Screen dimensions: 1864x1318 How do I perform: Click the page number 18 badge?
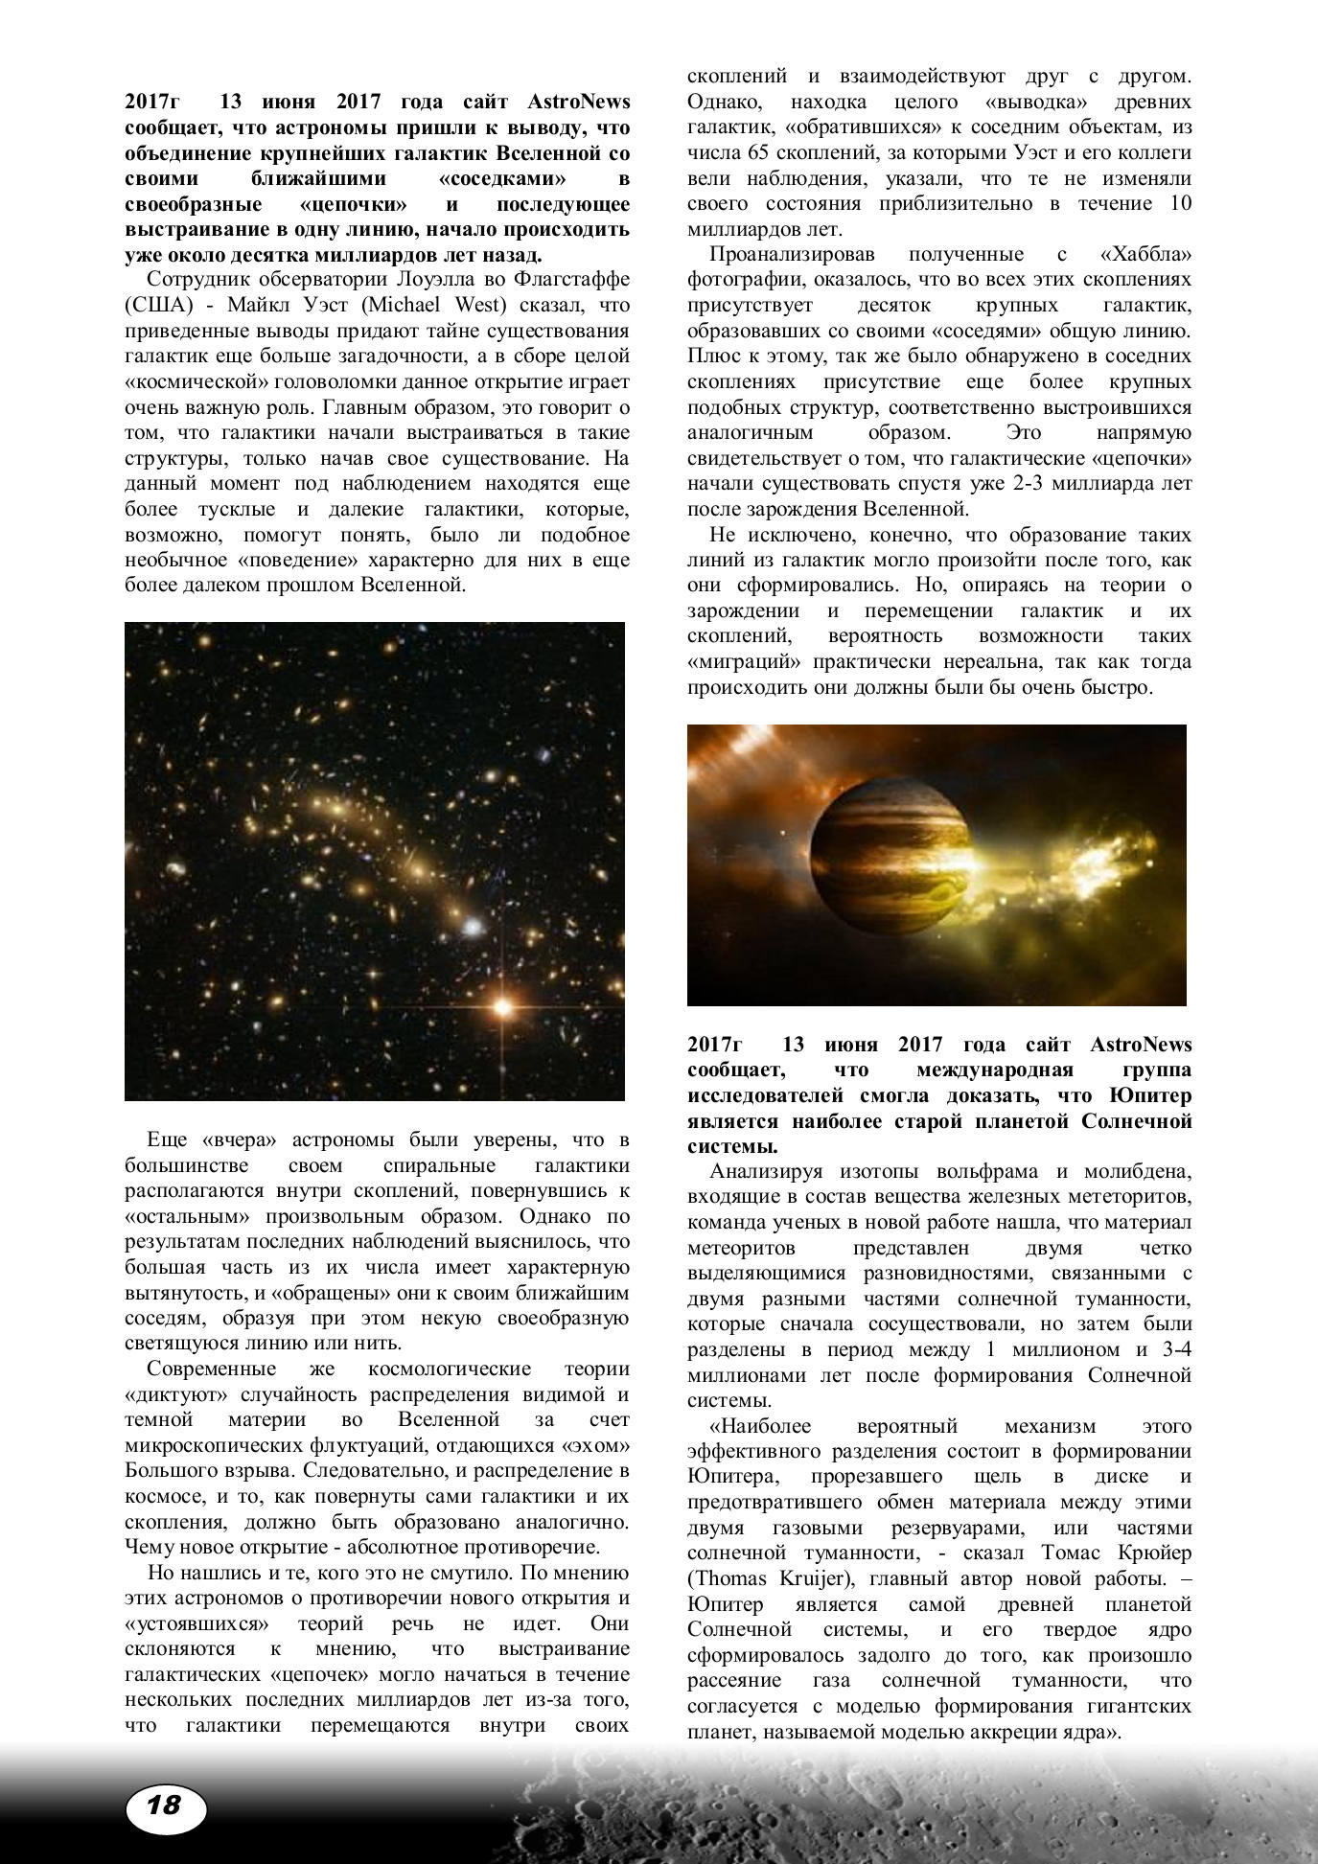pos(165,1806)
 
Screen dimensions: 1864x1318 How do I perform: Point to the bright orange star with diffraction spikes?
pos(500,1005)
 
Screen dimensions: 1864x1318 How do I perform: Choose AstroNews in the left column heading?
pos(579,102)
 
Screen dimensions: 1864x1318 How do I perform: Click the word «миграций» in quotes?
pos(744,661)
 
